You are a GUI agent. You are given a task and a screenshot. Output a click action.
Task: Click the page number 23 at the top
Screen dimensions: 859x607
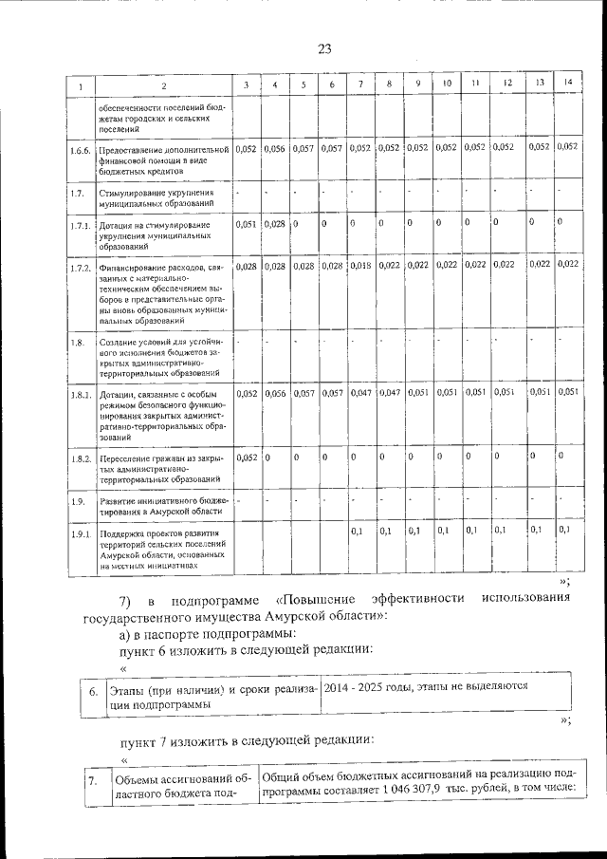pos(323,49)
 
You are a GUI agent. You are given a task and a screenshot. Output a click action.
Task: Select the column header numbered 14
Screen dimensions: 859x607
pos(567,84)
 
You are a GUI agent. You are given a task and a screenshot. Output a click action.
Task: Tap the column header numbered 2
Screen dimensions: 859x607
pos(163,86)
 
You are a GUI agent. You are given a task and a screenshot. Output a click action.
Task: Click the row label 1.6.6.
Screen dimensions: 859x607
pos(82,150)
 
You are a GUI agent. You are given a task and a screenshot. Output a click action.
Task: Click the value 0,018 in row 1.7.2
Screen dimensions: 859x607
pos(359,267)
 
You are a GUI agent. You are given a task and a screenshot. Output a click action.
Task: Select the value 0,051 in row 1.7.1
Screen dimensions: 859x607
pos(246,223)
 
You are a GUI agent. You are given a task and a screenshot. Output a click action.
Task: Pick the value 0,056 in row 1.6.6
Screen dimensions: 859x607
pos(274,148)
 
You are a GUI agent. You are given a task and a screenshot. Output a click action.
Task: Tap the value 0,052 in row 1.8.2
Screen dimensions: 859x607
pos(246,458)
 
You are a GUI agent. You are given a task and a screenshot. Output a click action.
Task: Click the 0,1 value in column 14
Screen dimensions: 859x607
pos(564,530)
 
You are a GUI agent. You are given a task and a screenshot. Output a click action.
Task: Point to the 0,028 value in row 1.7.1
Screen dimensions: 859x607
pos(274,223)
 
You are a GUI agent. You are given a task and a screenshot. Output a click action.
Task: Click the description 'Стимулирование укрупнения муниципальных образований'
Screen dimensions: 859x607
pos(156,197)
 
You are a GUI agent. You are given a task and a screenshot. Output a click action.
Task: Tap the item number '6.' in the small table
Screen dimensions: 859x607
pos(93,692)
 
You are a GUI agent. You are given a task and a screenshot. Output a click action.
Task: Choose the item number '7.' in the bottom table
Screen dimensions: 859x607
pos(92,781)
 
